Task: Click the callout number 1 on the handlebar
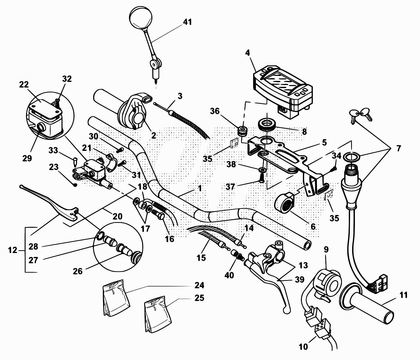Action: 200,188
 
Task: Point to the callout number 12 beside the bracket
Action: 13,250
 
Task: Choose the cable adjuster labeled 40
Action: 236,254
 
